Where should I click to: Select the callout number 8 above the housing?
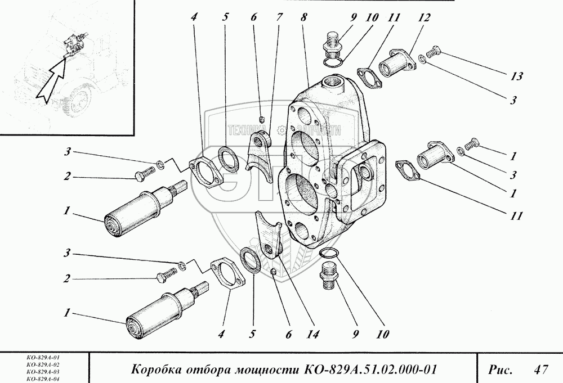pos(303,17)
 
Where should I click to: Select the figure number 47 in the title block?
pos(541,370)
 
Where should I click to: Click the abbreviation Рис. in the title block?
pos(500,370)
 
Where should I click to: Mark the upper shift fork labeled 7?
pos(260,152)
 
